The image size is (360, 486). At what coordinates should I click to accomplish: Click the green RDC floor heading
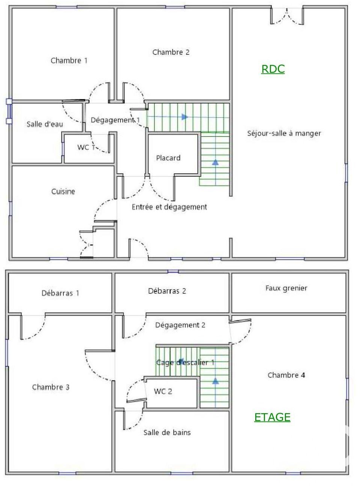click(x=273, y=69)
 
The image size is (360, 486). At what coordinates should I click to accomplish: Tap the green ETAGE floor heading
click(x=272, y=417)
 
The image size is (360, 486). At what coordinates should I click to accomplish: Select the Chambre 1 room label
click(x=69, y=60)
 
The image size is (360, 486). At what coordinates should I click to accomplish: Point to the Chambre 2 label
click(x=171, y=52)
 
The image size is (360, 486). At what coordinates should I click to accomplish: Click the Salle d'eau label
click(x=45, y=124)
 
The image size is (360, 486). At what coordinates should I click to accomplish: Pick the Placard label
click(x=168, y=158)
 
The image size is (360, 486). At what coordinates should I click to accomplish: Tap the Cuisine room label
click(x=63, y=191)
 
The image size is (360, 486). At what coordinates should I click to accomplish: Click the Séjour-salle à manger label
click(x=284, y=133)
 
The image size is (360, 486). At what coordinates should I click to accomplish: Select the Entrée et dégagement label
click(x=169, y=207)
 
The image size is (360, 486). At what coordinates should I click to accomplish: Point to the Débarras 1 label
click(x=60, y=293)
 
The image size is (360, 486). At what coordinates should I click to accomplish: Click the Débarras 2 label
click(x=167, y=291)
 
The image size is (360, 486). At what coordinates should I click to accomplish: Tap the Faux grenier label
click(x=286, y=288)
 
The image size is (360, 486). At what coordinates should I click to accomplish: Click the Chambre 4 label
click(x=286, y=375)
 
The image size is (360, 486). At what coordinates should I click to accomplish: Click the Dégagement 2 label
click(x=180, y=325)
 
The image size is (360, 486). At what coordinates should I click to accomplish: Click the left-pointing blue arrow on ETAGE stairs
click(x=181, y=360)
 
